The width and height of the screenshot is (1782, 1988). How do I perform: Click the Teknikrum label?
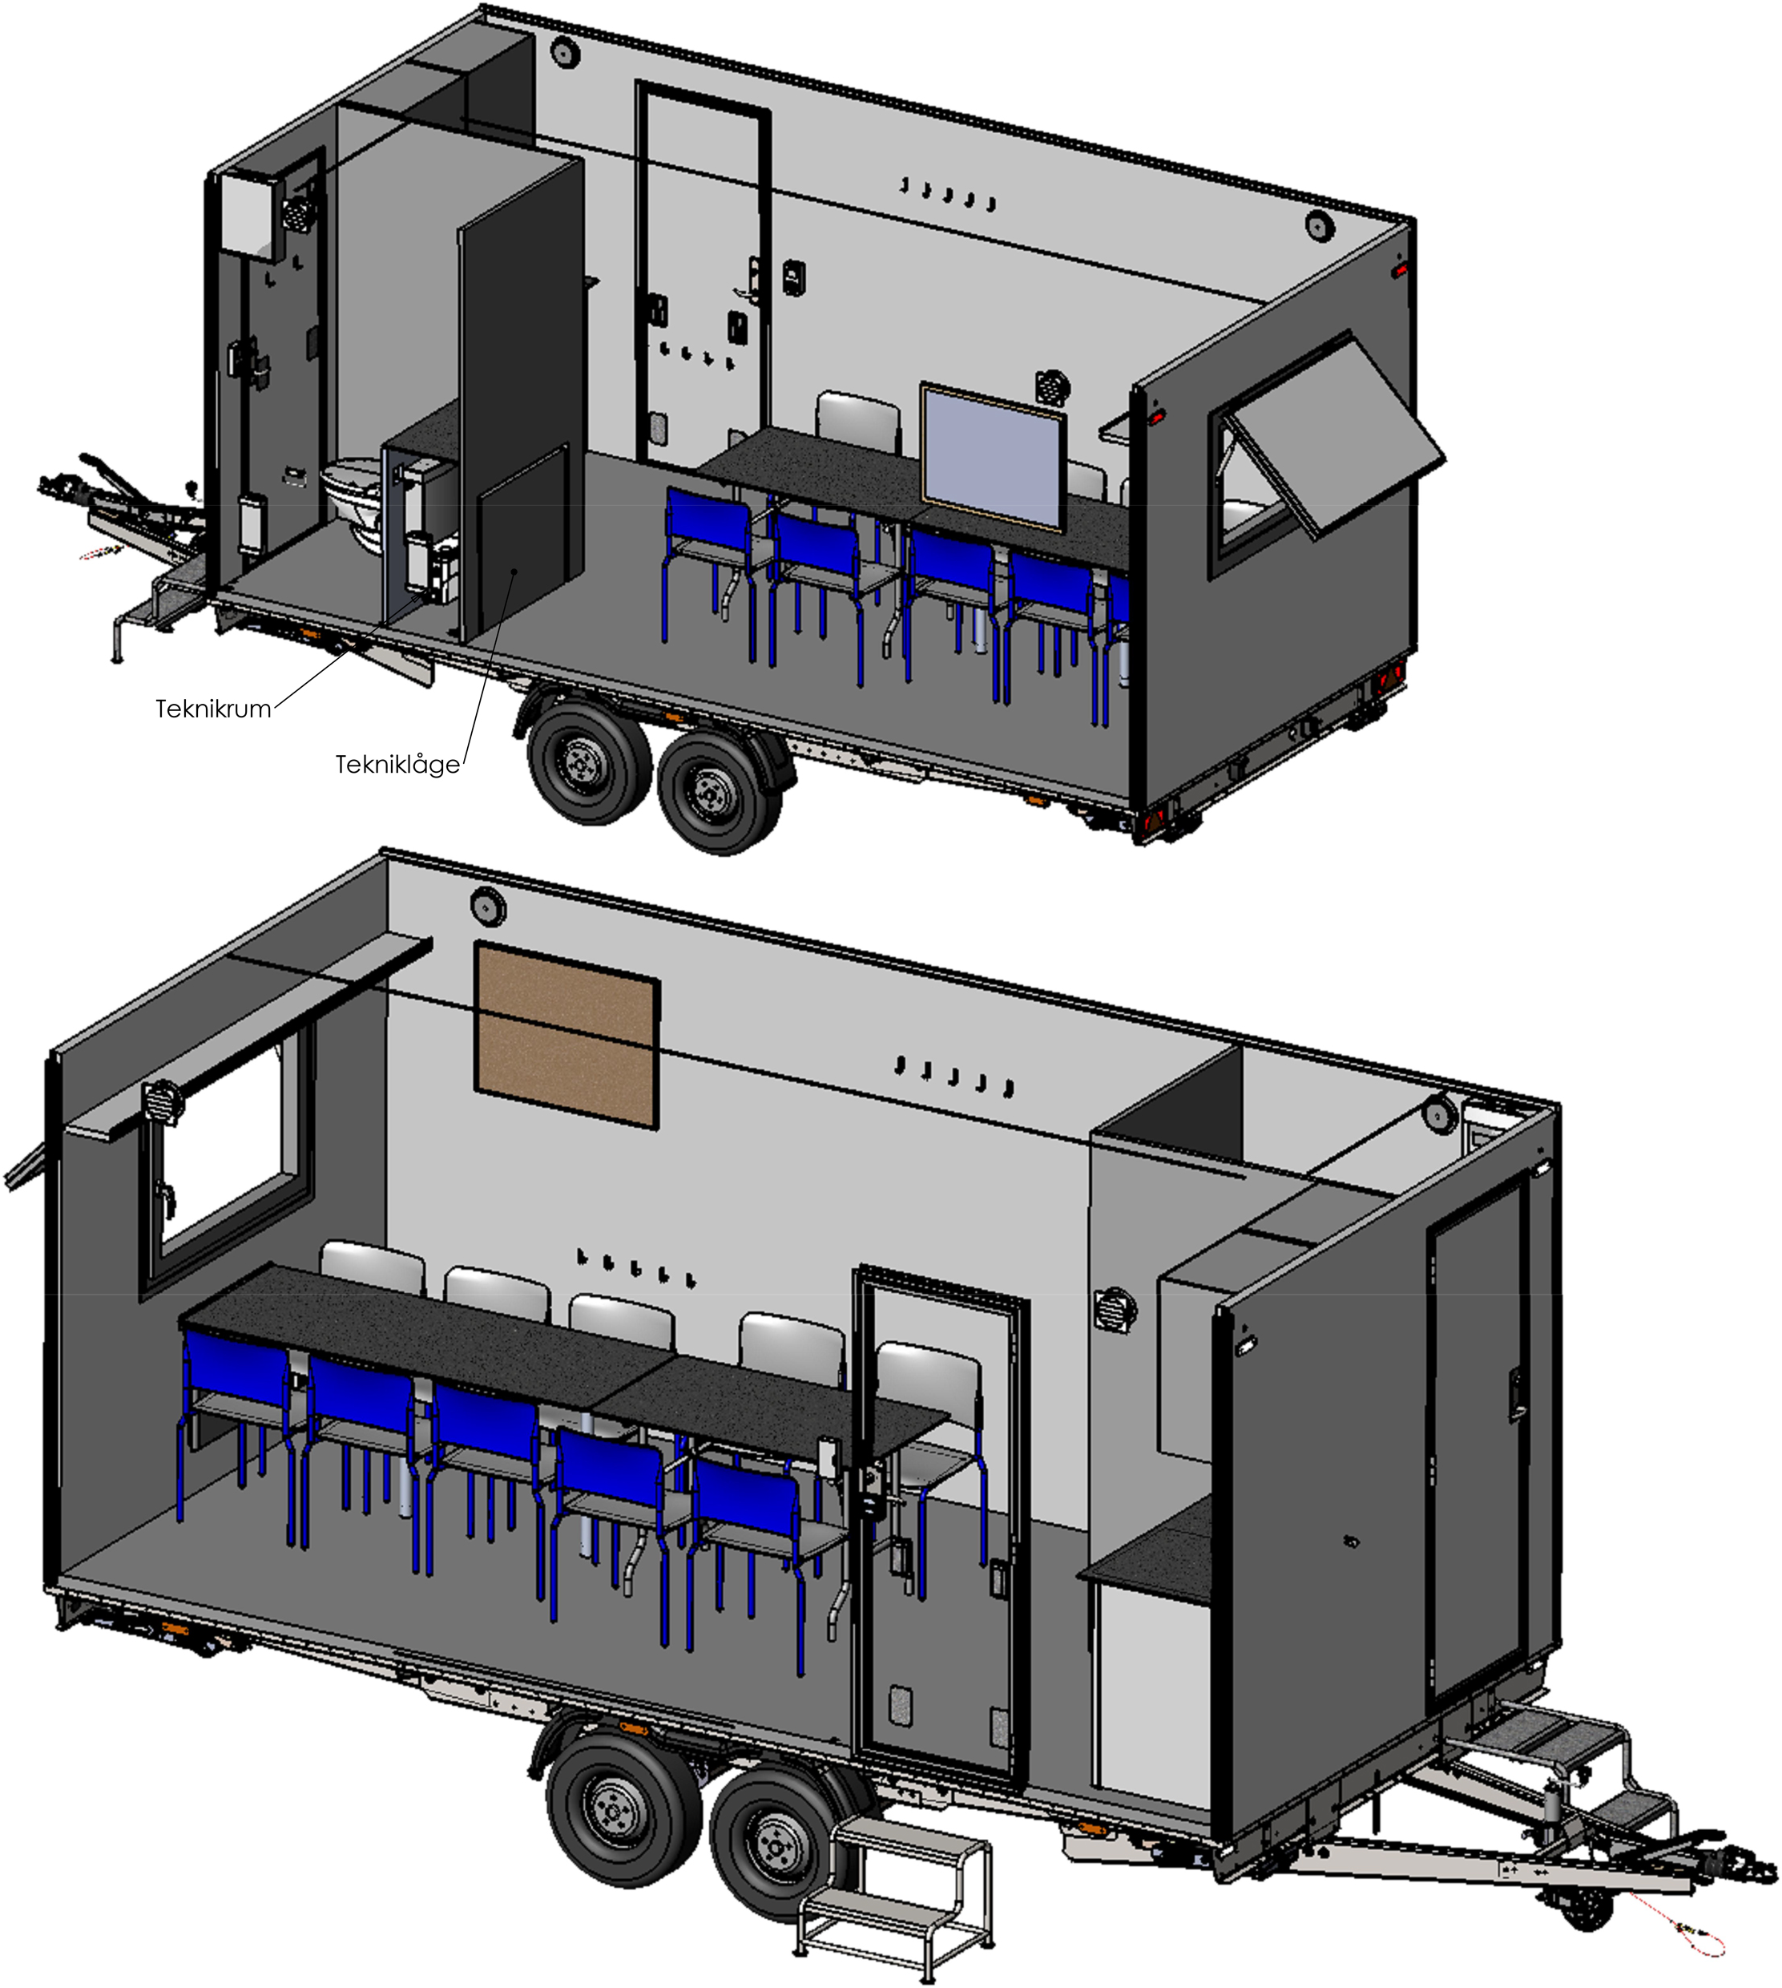(x=213, y=709)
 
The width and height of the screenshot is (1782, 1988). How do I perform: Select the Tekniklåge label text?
(x=397, y=765)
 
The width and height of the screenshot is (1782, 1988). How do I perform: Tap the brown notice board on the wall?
(x=566, y=1034)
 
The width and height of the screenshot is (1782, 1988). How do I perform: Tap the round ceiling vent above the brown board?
(x=486, y=905)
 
